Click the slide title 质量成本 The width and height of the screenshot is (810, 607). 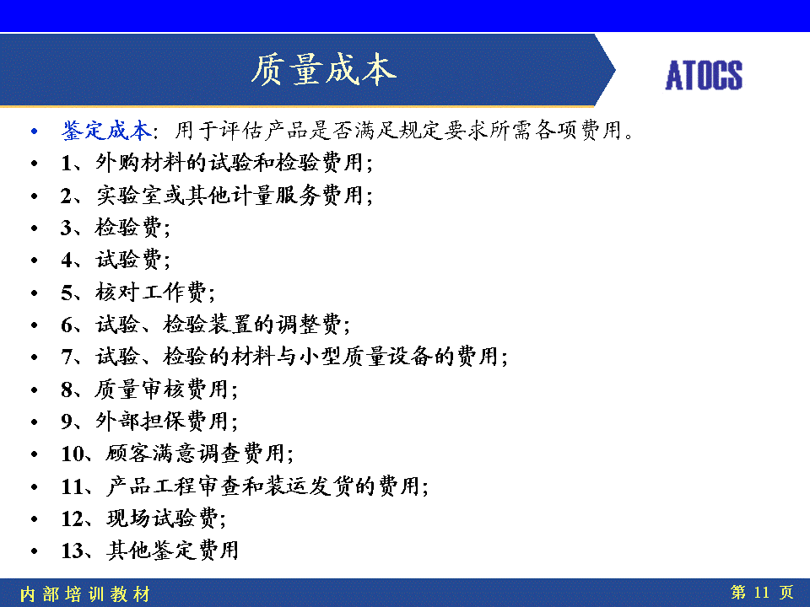point(324,69)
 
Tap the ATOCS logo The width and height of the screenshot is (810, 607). point(704,75)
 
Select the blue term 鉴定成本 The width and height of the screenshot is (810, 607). point(106,130)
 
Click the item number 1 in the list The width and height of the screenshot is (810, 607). point(66,163)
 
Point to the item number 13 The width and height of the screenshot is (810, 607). point(72,551)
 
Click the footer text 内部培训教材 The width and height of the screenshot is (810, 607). point(84,594)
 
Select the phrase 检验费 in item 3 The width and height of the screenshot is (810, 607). point(128,227)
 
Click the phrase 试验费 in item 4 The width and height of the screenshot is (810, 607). point(128,259)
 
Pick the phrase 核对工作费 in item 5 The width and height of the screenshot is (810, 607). point(151,293)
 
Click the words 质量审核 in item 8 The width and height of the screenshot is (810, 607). point(139,389)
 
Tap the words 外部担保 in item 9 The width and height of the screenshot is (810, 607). point(139,421)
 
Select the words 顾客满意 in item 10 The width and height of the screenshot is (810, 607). point(151,454)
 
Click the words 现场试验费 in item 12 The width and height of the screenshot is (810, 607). point(162,518)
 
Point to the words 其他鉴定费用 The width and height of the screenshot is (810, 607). point(173,551)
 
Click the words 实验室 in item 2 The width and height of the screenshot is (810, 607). point(129,195)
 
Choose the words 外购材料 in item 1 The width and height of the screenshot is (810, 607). point(139,163)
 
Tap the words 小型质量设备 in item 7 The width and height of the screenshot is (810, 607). point(365,356)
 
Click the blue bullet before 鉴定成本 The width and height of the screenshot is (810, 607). point(34,132)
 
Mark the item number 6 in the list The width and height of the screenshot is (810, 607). point(67,325)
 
